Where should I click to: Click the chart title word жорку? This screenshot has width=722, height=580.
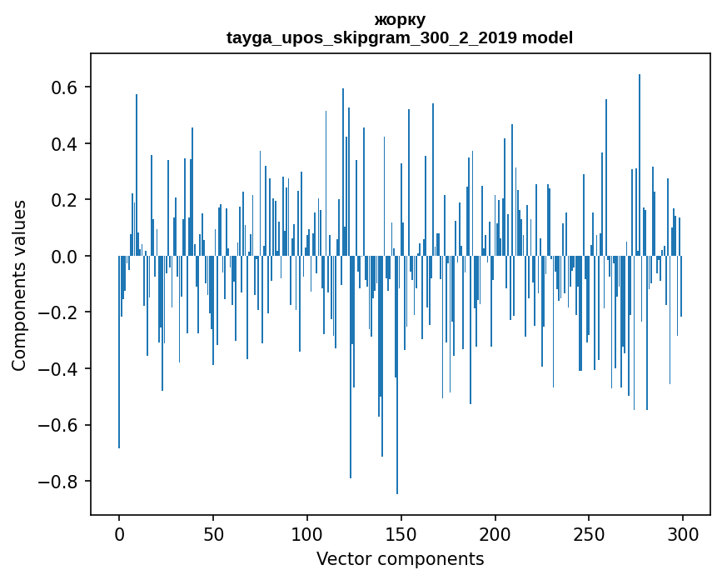point(400,20)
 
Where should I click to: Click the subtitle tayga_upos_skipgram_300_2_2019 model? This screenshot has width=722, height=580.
point(400,37)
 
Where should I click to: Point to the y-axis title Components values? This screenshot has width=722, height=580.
point(19,285)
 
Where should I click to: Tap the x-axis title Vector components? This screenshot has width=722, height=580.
point(400,558)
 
